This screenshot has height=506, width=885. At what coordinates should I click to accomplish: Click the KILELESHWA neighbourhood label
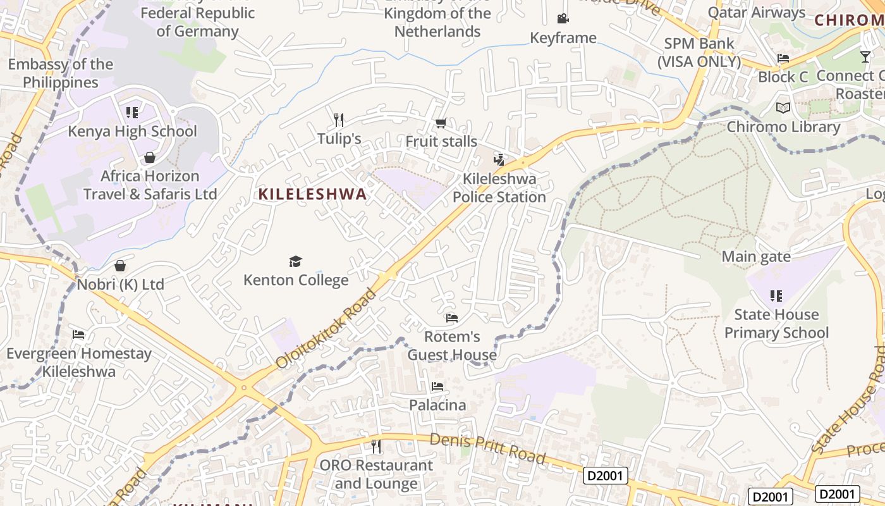pos(312,194)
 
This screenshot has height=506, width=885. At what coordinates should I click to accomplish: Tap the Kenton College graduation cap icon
pos(295,261)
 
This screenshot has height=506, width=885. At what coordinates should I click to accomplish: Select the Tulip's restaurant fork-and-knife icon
pos(339,120)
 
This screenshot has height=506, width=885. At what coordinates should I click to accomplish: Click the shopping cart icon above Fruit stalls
pos(441,123)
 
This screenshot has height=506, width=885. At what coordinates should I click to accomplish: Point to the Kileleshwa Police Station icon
pos(499,159)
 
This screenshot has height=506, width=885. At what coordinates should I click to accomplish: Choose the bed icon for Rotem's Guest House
pos(451,318)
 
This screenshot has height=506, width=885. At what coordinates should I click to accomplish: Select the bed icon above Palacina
pos(437,386)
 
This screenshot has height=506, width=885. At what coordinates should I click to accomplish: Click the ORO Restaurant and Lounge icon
pos(376,447)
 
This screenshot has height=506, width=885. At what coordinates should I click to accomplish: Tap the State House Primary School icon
pos(776,295)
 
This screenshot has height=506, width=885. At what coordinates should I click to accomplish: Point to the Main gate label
pos(756,257)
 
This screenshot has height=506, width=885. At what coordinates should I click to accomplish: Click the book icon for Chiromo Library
pos(783,108)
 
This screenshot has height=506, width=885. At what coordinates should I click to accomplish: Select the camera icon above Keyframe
pos(563,19)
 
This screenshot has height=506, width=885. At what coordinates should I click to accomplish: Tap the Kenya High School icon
pos(132,113)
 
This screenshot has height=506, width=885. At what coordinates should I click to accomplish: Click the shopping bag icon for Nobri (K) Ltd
pos(120,266)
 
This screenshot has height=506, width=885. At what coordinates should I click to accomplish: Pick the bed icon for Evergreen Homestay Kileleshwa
pos(78,334)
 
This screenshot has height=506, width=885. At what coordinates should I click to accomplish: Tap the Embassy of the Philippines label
pos(61,73)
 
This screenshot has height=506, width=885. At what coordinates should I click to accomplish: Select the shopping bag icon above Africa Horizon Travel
pos(150,157)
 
